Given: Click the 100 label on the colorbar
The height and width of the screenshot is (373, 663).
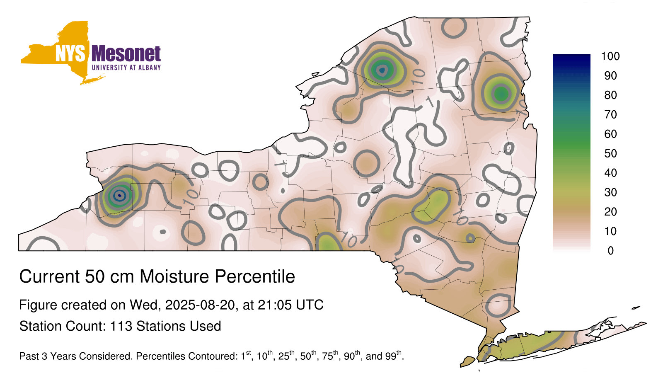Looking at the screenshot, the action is click(610, 56).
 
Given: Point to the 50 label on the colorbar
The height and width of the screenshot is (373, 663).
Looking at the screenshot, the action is click(610, 153).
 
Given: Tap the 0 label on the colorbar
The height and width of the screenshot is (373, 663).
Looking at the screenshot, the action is click(610, 251).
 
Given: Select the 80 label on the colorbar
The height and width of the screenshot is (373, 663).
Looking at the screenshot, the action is click(610, 95).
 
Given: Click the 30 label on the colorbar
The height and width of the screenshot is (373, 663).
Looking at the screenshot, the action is click(610, 192).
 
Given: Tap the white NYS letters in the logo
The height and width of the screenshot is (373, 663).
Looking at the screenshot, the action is click(70, 53).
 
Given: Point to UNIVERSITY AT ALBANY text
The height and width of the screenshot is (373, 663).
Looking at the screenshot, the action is click(126, 68).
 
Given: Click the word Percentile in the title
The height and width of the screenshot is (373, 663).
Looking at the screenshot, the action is click(255, 276).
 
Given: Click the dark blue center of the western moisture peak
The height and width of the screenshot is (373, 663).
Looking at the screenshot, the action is click(120, 195).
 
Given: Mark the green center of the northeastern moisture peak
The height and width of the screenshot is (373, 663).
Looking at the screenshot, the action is click(501, 94).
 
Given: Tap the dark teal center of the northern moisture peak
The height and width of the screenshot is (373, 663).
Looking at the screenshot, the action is click(382, 70).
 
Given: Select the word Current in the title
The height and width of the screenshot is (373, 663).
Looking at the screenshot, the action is click(49, 276).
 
